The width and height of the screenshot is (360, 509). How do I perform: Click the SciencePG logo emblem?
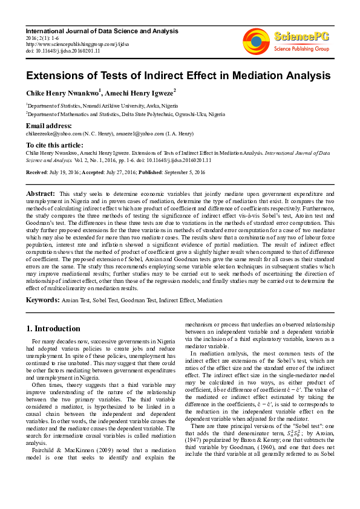[258, 40]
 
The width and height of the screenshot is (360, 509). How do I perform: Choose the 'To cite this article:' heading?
[54, 145]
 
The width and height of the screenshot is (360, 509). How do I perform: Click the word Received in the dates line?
[38, 172]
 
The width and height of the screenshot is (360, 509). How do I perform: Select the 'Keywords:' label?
[42, 299]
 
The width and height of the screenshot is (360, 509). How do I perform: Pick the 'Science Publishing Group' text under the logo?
[301, 48]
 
